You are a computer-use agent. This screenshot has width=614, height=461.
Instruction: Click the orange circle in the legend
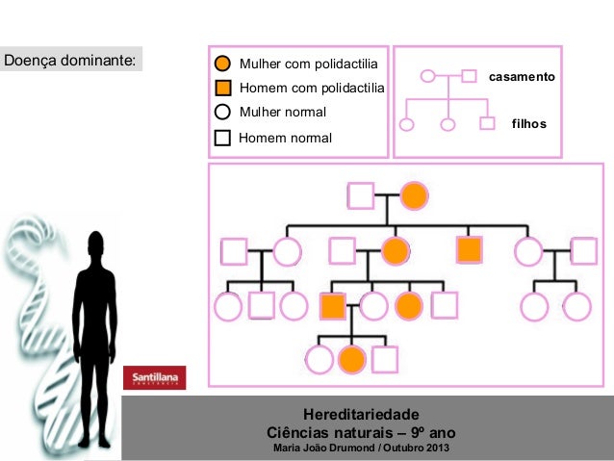tap(222, 64)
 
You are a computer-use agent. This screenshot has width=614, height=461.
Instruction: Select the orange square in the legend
tap(222, 88)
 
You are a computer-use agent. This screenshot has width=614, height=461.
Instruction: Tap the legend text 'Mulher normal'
tap(282, 113)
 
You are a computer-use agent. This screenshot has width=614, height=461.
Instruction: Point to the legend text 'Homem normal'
tap(285, 138)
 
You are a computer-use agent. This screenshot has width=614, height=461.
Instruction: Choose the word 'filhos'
tap(529, 124)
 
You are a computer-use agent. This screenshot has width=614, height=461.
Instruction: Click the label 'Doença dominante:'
tap(68, 61)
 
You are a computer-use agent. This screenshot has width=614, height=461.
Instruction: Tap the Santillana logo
tap(154, 378)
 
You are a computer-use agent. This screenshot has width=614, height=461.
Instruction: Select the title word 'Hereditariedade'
tap(360, 413)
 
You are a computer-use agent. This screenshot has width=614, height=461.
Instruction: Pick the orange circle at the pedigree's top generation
tap(414, 195)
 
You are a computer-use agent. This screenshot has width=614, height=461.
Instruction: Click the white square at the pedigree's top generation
tap(360, 195)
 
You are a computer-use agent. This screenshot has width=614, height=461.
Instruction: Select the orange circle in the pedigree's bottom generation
tap(352, 360)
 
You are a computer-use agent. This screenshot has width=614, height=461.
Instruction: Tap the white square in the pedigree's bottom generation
tap(385, 360)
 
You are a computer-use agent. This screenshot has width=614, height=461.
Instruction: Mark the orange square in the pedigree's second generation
tap(469, 250)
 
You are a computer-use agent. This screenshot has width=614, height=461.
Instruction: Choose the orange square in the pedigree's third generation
tap(332, 306)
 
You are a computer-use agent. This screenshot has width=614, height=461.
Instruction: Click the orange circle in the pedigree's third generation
tap(409, 306)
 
